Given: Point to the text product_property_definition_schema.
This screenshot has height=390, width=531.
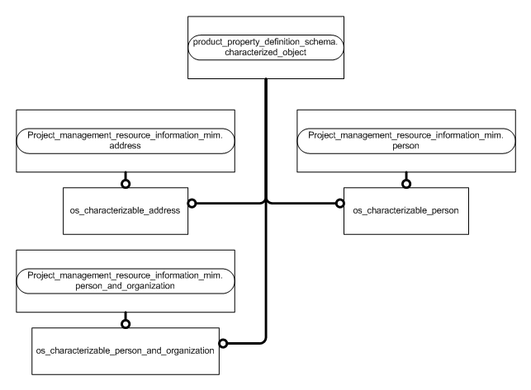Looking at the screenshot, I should [266, 40].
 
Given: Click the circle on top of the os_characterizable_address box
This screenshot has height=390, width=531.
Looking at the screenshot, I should [126, 182].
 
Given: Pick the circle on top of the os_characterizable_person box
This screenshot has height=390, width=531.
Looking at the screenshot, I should [405, 182].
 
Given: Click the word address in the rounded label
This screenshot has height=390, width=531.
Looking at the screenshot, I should [126, 145].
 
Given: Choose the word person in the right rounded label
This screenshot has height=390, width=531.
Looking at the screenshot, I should [405, 145].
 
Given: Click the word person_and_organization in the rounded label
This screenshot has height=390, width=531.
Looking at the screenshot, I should [126, 284].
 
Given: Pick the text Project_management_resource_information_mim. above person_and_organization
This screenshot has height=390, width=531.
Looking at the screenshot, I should [126, 275].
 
